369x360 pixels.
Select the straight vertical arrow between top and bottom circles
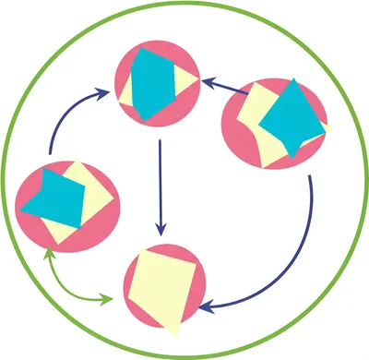coord(161,185)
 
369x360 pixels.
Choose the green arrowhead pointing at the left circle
coord(48,253)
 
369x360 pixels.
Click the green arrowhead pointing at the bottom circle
coord(112,299)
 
